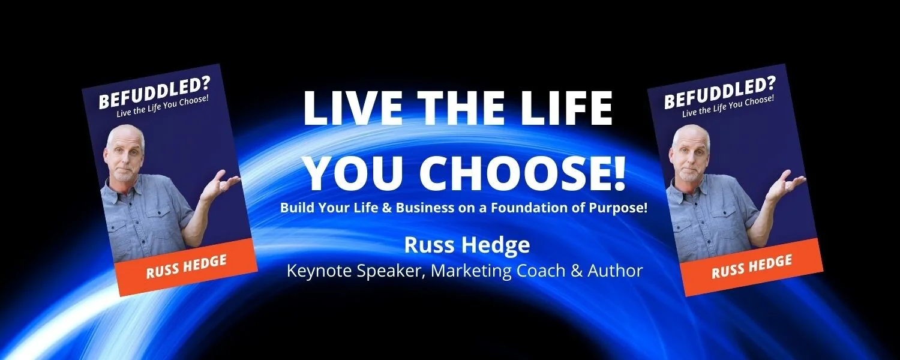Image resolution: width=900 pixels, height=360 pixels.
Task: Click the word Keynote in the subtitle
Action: point(319,271)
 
